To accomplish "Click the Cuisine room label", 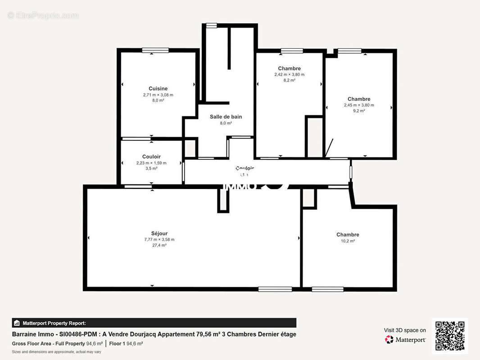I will pyautogui.click(x=158, y=89).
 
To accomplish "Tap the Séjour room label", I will pyautogui.click(x=159, y=233).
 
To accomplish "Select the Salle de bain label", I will pyautogui.click(x=226, y=117).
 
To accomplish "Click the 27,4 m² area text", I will pyautogui.click(x=159, y=245).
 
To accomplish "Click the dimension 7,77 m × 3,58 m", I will pyautogui.click(x=159, y=239).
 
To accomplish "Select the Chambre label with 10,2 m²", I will pyautogui.click(x=348, y=234).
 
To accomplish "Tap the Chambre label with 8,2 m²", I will pyautogui.click(x=289, y=68).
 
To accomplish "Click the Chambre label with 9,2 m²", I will pyautogui.click(x=359, y=99).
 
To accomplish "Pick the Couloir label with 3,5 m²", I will pyautogui.click(x=151, y=157).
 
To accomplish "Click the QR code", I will pyautogui.click(x=450, y=336).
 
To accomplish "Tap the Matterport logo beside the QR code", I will pyautogui.click(x=405, y=340).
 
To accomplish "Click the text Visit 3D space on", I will pyautogui.click(x=405, y=330).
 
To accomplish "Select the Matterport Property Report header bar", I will pyautogui.click(x=154, y=323).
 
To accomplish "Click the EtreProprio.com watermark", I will pyautogui.click(x=43, y=16).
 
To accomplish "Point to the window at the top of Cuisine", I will pyautogui.click(x=155, y=50).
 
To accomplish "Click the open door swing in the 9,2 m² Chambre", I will pyautogui.click(x=329, y=148).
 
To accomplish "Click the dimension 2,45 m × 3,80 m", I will pyautogui.click(x=359, y=105).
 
